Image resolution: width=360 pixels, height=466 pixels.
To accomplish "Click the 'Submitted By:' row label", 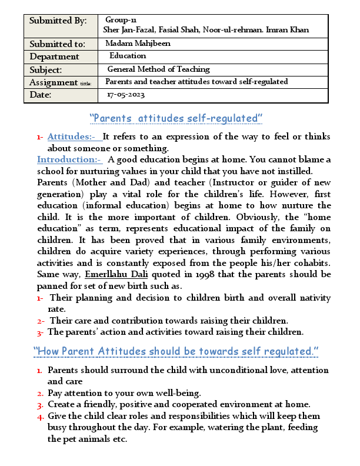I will click(x=58, y=21).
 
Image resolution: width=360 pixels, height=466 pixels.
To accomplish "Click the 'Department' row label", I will click(x=54, y=56).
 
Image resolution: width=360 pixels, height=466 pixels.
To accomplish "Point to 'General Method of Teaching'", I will click(x=158, y=69).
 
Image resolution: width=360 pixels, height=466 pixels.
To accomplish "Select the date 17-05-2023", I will click(x=126, y=95).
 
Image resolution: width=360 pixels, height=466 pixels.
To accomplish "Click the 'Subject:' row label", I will click(x=47, y=69).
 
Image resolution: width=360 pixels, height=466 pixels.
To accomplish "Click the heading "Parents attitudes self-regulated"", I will click(x=176, y=118).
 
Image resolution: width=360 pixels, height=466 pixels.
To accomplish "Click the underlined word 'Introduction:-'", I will click(x=69, y=159).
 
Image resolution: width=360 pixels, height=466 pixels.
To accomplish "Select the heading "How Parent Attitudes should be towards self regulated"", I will click(x=176, y=351).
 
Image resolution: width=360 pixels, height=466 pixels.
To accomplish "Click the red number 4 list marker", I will click(x=40, y=416).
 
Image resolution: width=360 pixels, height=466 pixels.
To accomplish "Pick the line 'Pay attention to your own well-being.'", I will click(x=124, y=393).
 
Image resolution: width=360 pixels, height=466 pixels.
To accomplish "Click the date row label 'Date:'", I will click(x=41, y=95).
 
